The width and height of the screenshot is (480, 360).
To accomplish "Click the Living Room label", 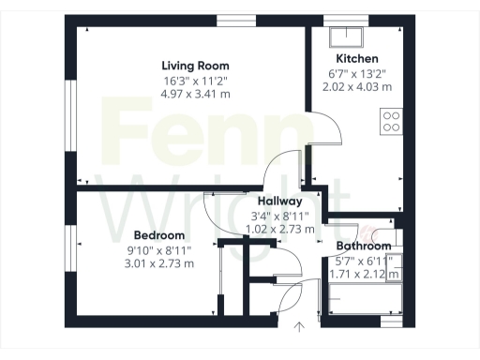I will point(195,66).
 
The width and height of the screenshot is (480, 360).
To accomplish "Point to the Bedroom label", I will point(158,235).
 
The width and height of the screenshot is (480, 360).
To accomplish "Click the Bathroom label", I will point(364,247).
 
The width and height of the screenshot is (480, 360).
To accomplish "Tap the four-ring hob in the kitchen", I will point(390,120).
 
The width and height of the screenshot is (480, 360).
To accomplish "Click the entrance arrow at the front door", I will point(299,327).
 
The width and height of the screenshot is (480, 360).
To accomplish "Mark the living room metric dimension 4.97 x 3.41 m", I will point(195,94).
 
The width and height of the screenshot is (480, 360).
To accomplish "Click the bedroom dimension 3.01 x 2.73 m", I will point(158,263).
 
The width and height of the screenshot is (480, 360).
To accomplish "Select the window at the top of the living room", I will point(231,20).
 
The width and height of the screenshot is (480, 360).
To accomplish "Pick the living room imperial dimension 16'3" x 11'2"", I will point(195,80).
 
